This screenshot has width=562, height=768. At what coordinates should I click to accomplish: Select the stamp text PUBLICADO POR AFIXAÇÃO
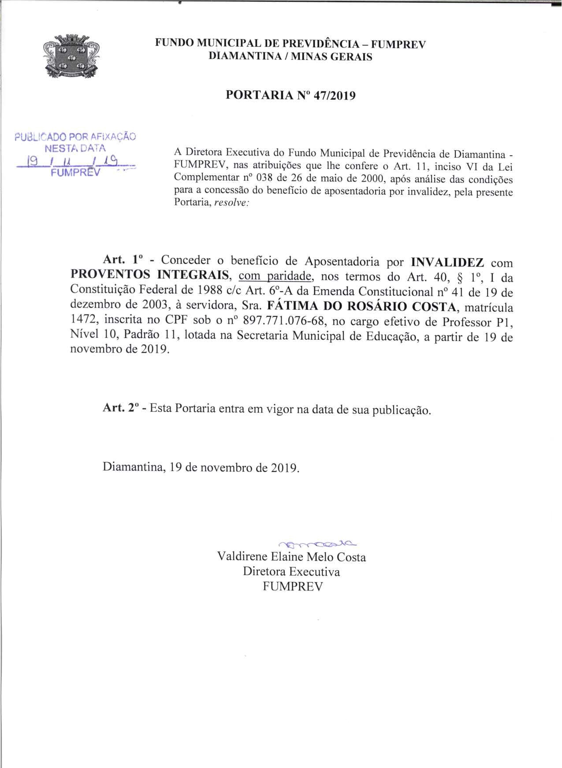tap(75, 137)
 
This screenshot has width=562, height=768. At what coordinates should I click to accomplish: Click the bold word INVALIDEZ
tap(447, 263)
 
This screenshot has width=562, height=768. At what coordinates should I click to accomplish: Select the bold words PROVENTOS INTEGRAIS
tap(151, 276)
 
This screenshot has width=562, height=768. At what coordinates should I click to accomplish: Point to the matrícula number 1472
tap(84, 321)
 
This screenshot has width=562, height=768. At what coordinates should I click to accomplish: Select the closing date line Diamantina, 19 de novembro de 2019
tap(201, 467)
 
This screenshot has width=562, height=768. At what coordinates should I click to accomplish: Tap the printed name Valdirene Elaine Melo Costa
tap(292, 557)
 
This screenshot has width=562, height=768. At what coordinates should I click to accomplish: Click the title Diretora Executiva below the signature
tap(291, 572)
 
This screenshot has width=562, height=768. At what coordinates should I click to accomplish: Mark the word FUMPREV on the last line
tap(292, 587)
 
